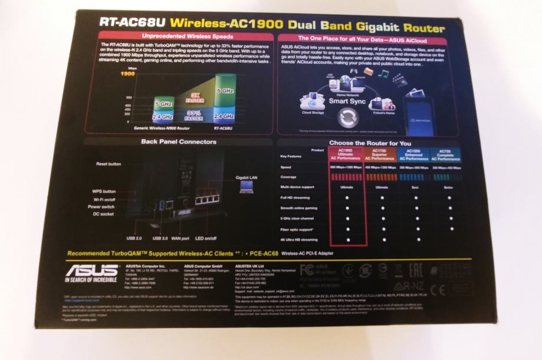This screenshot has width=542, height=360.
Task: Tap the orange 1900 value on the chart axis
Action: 127,74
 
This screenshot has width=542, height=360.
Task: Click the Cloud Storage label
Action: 313,112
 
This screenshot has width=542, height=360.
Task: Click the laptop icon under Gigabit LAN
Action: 245,187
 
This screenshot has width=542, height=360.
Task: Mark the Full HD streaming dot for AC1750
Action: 382,197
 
